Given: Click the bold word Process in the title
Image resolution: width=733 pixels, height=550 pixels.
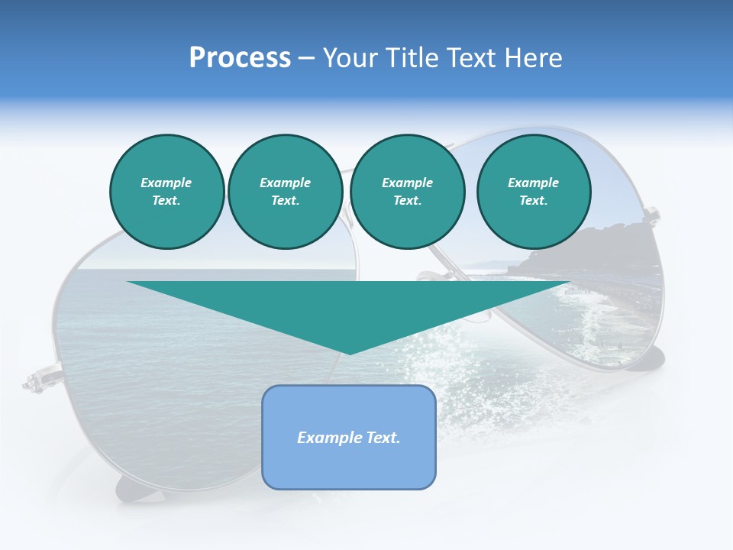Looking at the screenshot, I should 240,58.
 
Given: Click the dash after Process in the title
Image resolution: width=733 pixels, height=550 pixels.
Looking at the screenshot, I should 307,58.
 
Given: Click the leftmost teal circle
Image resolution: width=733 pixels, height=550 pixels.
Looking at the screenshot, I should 166,192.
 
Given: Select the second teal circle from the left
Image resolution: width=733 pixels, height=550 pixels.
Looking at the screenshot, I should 285,192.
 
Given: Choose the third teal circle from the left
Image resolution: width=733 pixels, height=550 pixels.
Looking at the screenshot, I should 407,192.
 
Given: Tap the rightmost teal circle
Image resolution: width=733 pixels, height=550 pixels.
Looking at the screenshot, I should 533,192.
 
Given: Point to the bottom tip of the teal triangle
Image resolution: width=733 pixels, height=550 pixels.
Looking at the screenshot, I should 350,353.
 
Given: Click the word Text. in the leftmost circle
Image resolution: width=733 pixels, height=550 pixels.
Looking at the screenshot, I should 166,201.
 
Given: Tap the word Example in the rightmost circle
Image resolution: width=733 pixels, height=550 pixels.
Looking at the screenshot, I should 533,183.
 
